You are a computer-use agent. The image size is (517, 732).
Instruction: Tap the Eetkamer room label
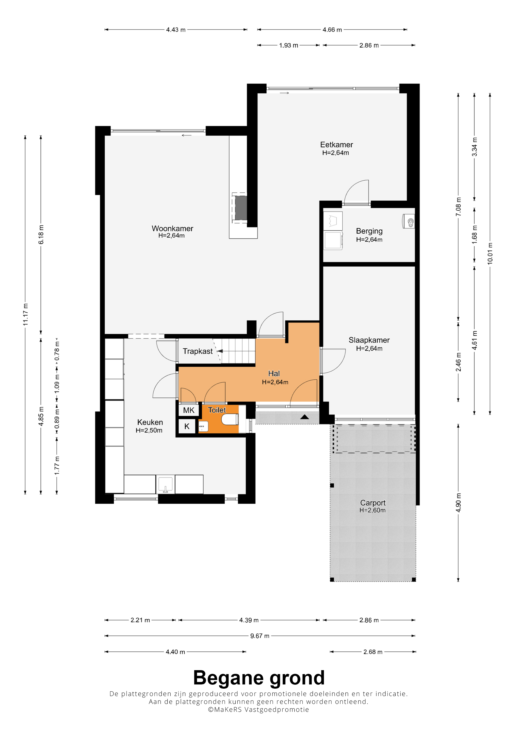(336, 144)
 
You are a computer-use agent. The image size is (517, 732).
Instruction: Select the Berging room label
(369, 231)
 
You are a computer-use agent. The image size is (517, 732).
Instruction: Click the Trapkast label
(197, 351)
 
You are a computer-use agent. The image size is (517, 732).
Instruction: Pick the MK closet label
(189, 410)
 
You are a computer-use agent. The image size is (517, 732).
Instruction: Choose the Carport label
(373, 503)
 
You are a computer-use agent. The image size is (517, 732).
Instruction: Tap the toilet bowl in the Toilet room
(230, 419)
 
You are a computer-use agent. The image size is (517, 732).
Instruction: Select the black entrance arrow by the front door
(305, 417)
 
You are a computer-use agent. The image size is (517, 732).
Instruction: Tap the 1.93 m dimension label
(289, 45)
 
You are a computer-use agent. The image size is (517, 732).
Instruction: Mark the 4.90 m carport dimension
(458, 503)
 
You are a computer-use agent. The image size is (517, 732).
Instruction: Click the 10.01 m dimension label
(490, 254)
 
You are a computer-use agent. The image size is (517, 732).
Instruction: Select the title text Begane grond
(259, 678)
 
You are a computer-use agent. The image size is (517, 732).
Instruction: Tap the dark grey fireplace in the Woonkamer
(241, 207)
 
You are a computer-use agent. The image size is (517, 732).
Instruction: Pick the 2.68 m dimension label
(373, 652)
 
